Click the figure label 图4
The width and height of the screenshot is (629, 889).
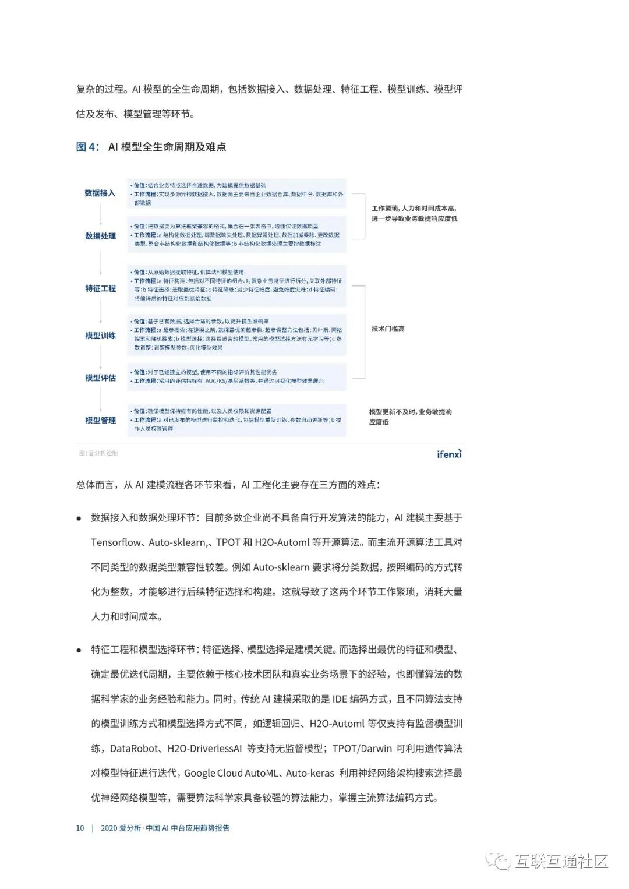click(87, 147)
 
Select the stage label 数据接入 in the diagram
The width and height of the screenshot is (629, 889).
click(100, 193)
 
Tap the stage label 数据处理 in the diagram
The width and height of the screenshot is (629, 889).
click(100, 236)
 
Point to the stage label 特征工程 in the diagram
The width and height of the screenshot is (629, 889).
click(100, 288)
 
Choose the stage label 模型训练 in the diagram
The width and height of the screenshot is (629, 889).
click(100, 336)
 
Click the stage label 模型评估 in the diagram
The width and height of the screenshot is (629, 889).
click(100, 378)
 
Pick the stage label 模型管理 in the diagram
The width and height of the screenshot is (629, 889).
click(100, 420)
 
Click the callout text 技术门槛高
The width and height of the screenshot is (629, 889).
click(388, 329)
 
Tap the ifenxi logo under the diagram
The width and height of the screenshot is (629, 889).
click(449, 454)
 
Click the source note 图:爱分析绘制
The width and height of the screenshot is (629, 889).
click(98, 453)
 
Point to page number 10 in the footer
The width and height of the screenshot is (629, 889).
click(80, 828)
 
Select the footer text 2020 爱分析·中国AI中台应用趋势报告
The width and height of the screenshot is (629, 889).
click(165, 828)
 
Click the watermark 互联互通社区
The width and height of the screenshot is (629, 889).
click(560, 861)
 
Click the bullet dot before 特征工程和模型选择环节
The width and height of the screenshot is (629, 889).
click(79, 650)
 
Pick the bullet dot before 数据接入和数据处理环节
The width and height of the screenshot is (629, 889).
click(79, 518)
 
